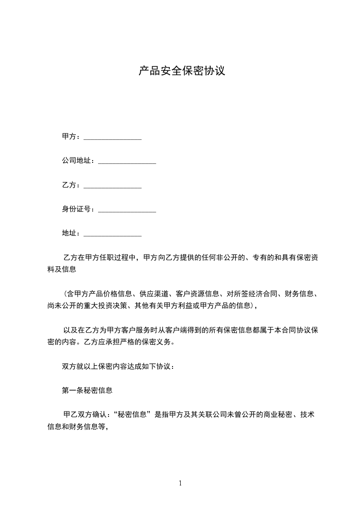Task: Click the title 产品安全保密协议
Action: (x=182, y=71)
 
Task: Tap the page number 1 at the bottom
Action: (x=180, y=483)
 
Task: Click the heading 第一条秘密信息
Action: (x=87, y=390)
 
